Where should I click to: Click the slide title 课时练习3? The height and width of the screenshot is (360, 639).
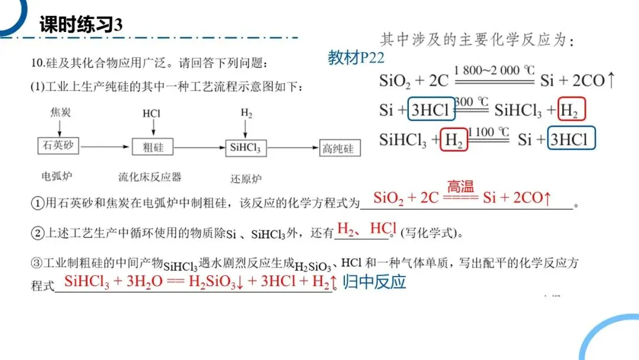click(x=81, y=24)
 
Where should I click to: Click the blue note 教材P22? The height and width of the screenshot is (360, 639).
click(x=356, y=58)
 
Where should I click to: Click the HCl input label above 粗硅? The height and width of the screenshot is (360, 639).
click(x=151, y=113)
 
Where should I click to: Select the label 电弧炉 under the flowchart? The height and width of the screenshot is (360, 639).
click(x=56, y=176)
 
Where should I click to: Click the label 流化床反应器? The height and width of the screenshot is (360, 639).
click(x=150, y=176)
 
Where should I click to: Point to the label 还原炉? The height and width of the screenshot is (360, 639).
click(x=246, y=178)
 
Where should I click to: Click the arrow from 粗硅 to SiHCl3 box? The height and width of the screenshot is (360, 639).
click(x=198, y=147)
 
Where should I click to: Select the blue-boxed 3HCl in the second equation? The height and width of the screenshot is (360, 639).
click(x=432, y=110)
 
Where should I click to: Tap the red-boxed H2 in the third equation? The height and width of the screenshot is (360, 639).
click(x=454, y=140)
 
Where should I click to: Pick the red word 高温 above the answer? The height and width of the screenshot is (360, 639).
click(x=461, y=187)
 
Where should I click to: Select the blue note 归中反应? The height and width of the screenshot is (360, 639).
click(x=375, y=282)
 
